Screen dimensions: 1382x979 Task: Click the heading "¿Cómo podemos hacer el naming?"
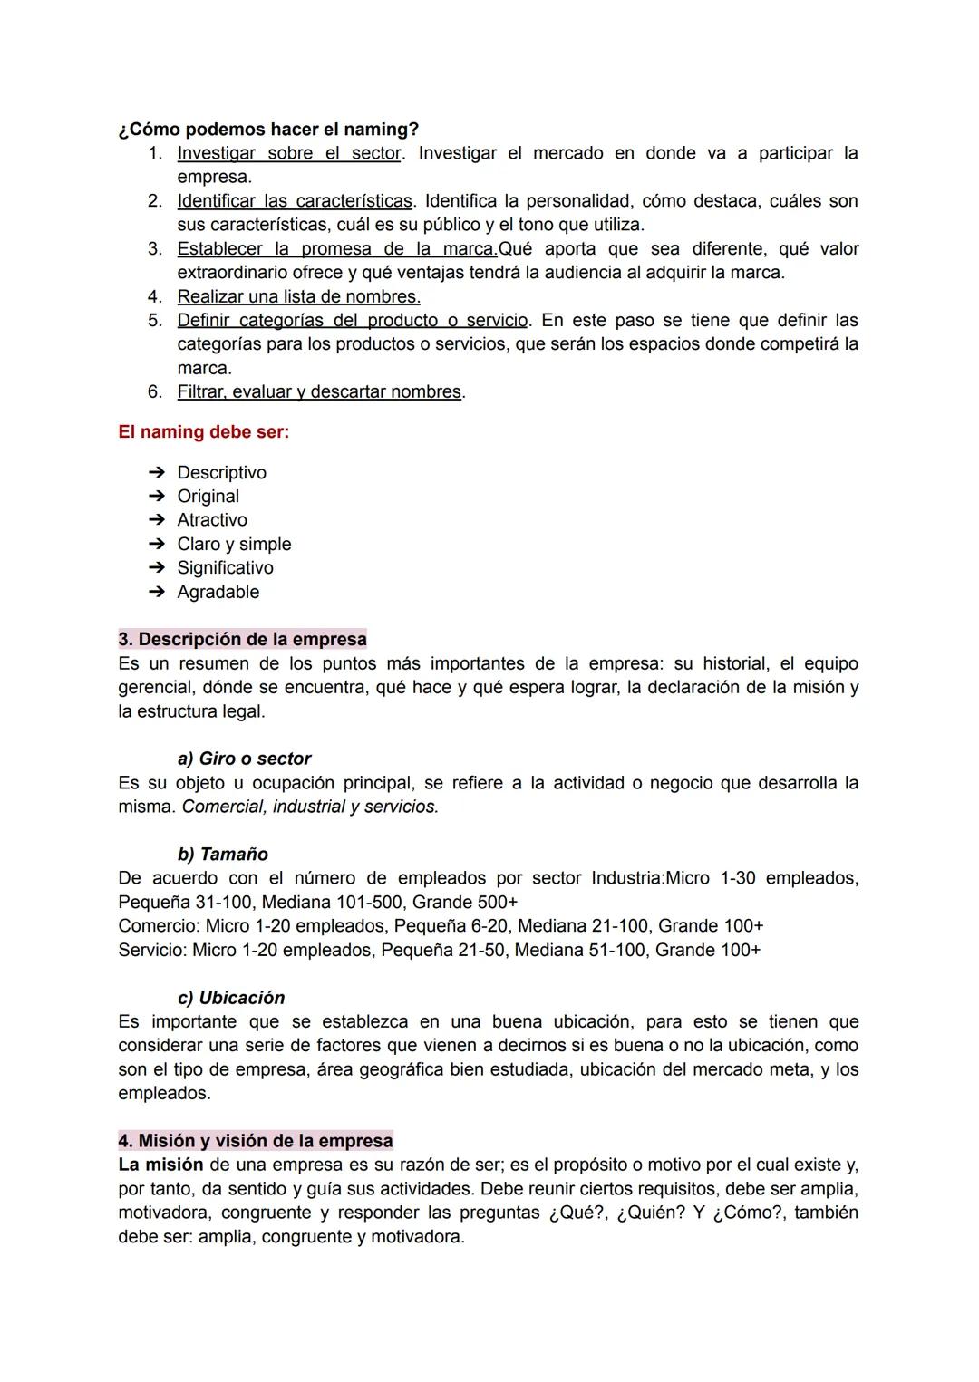[268, 130]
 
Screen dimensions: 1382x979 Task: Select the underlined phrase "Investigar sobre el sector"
[288, 153]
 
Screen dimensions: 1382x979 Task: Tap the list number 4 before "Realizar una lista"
[155, 296]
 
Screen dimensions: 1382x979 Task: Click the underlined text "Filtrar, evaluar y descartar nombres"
[319, 391]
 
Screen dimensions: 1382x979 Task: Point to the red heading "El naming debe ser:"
[204, 432]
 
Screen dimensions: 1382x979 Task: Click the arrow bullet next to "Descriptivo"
[157, 472]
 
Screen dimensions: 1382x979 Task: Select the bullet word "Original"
[208, 496]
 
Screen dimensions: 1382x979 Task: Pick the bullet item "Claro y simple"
[234, 544]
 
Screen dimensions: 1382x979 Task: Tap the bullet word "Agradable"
[218, 592]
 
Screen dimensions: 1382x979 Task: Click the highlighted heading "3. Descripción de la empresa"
[242, 639]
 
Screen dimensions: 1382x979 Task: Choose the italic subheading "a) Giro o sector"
[244, 759]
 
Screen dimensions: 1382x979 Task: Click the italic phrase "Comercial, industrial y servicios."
[310, 807]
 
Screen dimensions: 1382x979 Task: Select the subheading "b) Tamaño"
[222, 854]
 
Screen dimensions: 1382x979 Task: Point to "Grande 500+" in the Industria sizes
[465, 903]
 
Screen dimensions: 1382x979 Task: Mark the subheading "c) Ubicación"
[231, 998]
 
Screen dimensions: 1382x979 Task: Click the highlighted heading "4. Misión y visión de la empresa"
[256, 1140]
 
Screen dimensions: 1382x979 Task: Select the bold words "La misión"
[160, 1165]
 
